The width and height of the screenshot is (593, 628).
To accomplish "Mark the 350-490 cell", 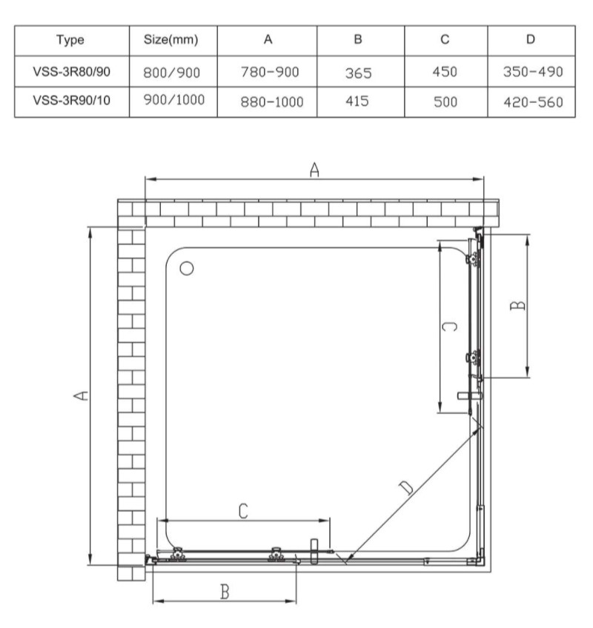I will click(530, 72).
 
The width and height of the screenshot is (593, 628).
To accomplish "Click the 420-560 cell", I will click(530, 101).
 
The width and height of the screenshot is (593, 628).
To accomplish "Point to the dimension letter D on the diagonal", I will click(405, 487).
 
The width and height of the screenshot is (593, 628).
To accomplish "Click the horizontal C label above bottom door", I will click(242, 510).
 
